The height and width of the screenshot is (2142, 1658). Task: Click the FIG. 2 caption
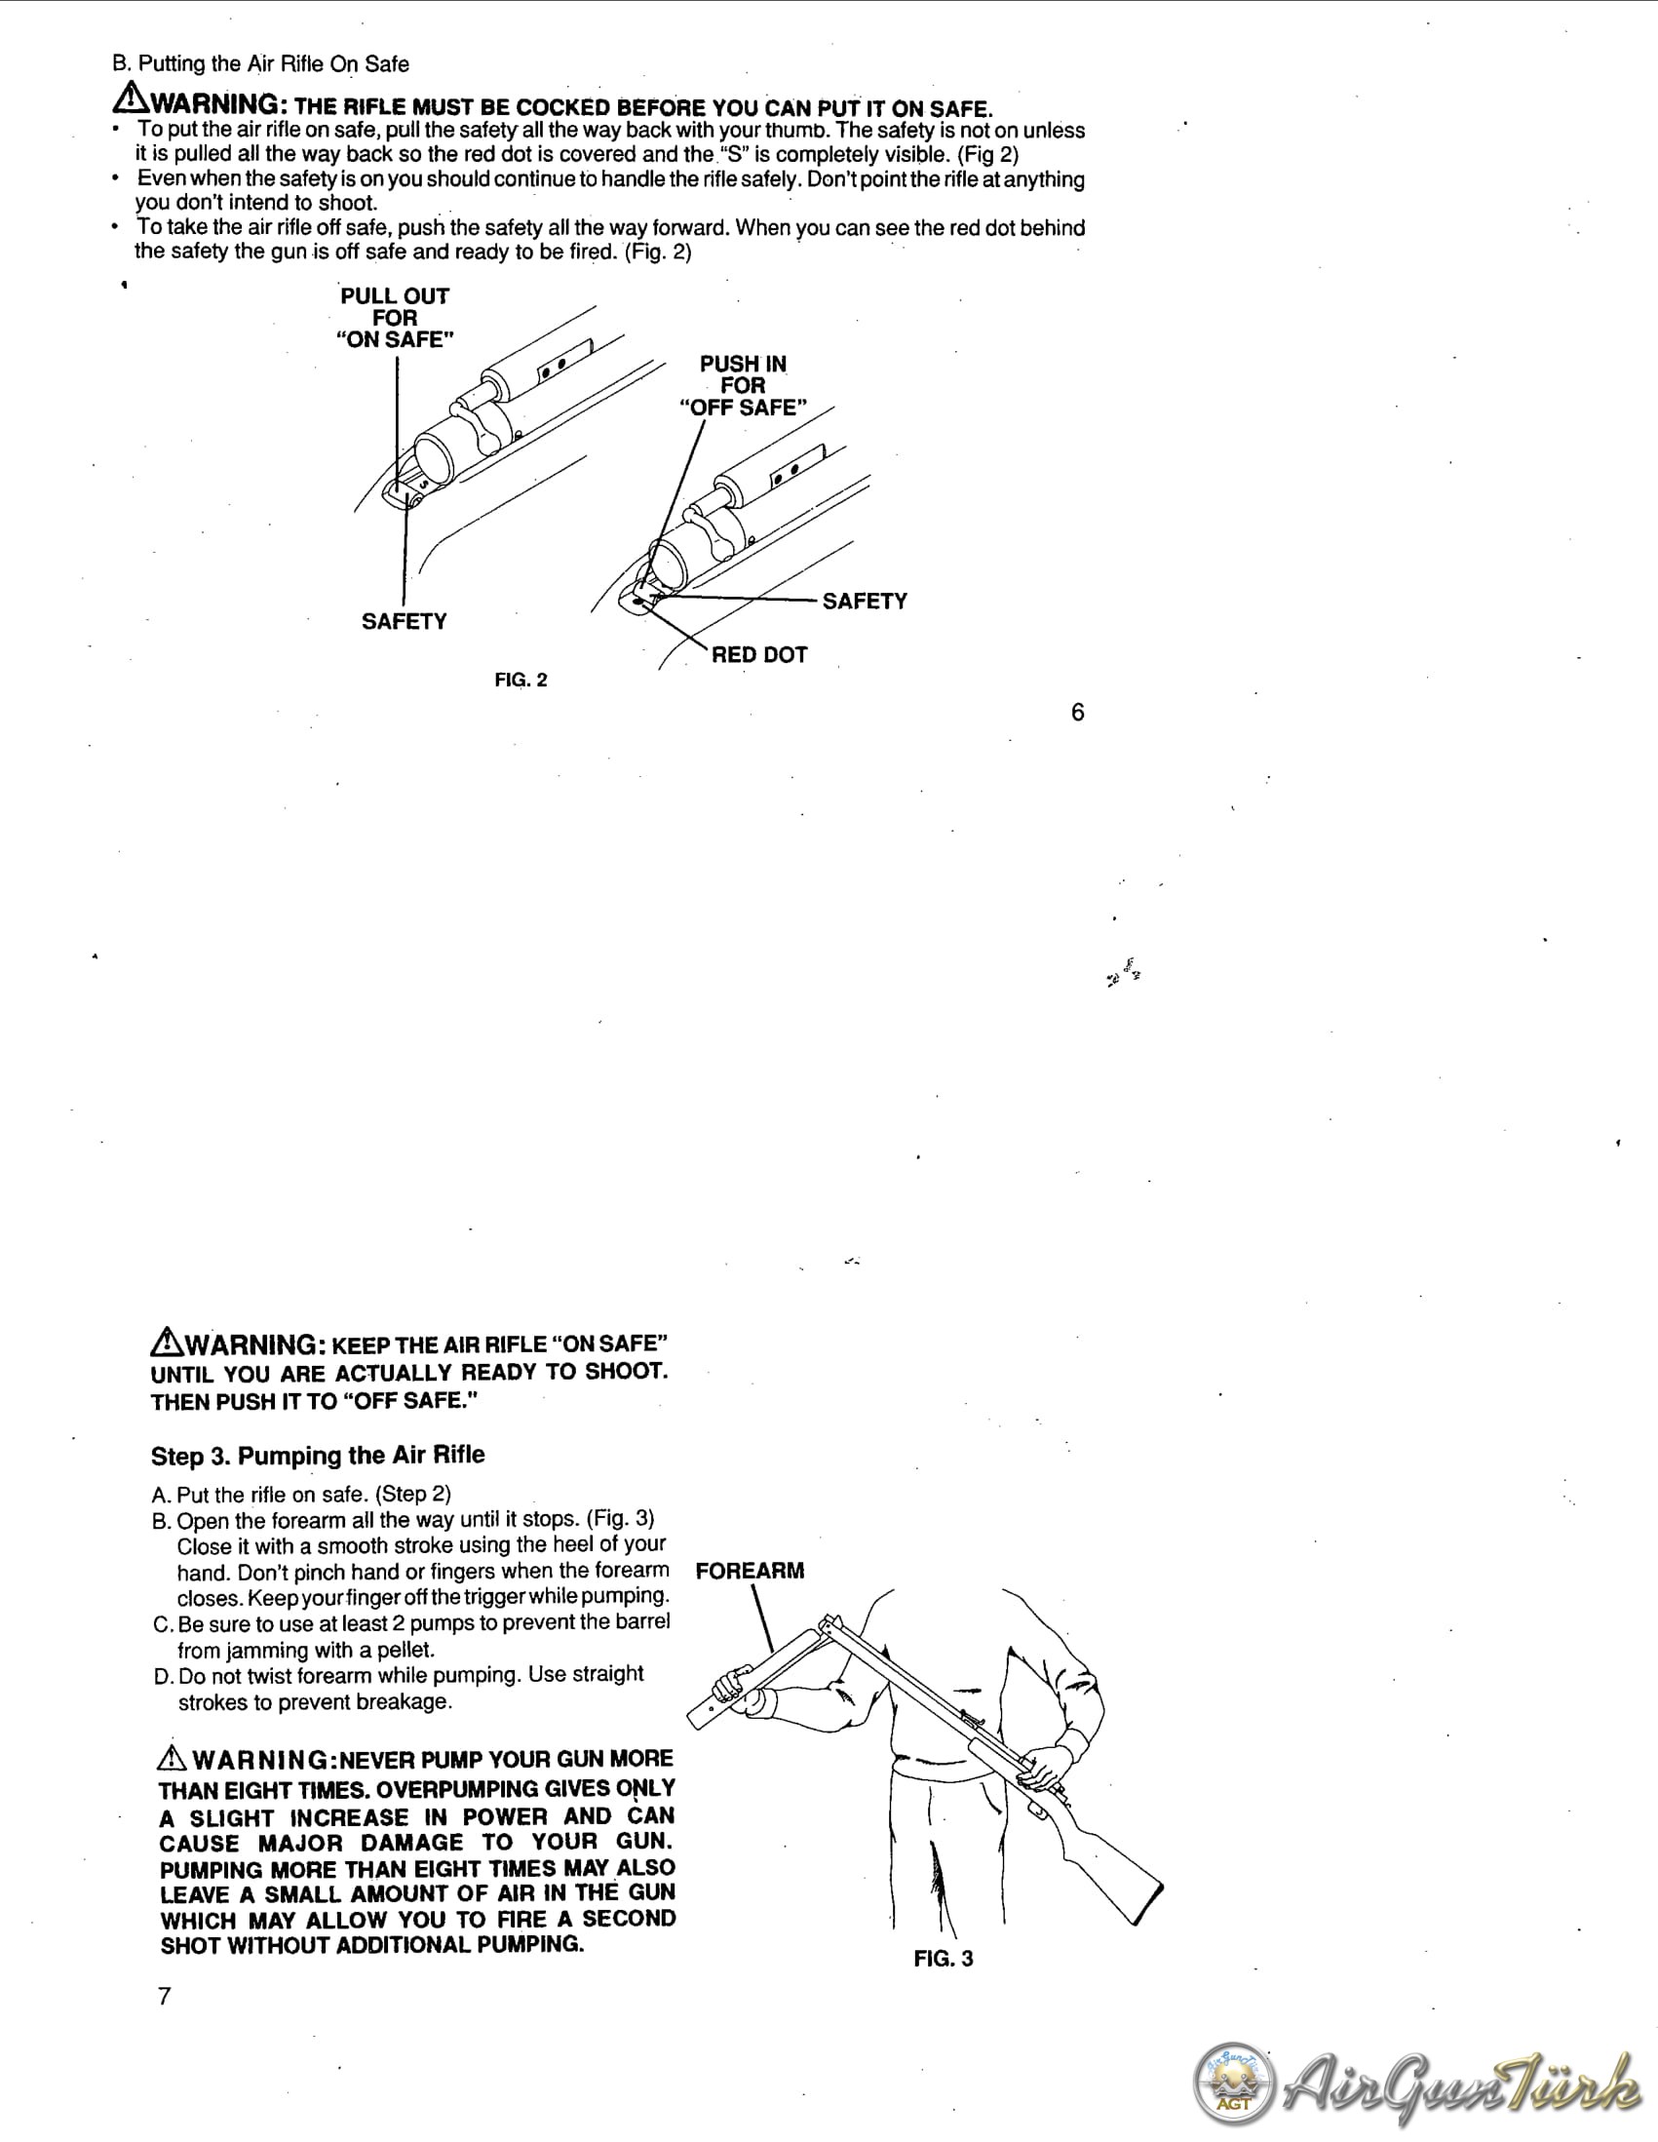521,680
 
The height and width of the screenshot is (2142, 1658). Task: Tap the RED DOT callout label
759,654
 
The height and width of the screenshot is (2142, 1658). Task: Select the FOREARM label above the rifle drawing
750,1571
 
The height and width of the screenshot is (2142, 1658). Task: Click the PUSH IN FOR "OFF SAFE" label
742,385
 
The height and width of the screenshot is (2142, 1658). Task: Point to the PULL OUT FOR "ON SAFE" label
395,318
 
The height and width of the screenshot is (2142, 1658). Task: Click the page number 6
1077,712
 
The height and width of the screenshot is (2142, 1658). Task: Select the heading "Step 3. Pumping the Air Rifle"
318,1455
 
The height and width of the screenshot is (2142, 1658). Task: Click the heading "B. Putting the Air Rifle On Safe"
261,63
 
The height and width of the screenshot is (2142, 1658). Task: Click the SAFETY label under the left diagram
404,622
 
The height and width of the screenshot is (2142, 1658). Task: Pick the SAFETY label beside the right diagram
865,602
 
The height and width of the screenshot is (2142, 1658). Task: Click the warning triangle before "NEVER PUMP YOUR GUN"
172,1758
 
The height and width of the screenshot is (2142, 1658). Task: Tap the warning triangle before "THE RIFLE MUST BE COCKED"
131,98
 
